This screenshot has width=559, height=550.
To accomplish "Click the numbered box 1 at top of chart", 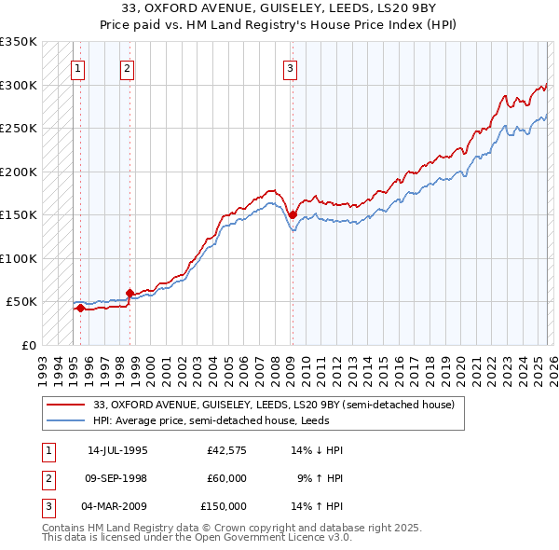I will point(77,67).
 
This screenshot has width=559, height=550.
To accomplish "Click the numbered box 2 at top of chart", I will point(126,67).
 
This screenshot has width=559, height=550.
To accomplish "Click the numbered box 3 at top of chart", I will point(290,67).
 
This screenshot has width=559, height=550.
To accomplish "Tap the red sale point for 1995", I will point(80,308).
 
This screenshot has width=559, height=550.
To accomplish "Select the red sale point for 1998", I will point(130,293).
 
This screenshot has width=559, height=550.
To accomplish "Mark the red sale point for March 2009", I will point(292,214).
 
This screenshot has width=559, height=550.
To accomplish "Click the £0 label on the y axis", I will point(28,345).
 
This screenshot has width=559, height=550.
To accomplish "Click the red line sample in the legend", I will point(66,405).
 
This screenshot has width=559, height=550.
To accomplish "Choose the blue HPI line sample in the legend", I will point(66,420).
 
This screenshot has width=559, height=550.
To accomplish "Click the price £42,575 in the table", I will point(227,450).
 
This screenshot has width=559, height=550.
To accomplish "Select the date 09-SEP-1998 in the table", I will point(117,478).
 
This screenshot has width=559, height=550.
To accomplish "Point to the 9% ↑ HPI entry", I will point(320,478).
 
